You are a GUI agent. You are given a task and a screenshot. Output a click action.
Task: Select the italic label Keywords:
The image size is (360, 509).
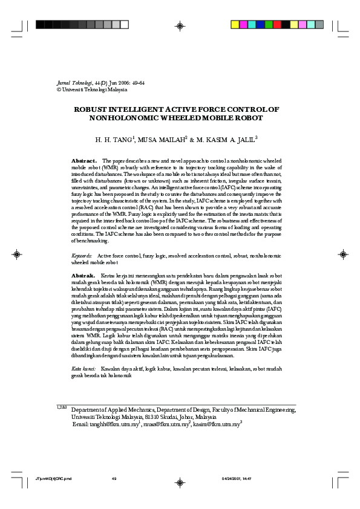(x=82, y=256)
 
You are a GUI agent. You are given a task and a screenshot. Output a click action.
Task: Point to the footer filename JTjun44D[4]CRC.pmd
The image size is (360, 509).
(x=54, y=479)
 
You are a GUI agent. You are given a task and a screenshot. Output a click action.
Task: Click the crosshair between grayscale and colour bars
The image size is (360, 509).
(x=180, y=25)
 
